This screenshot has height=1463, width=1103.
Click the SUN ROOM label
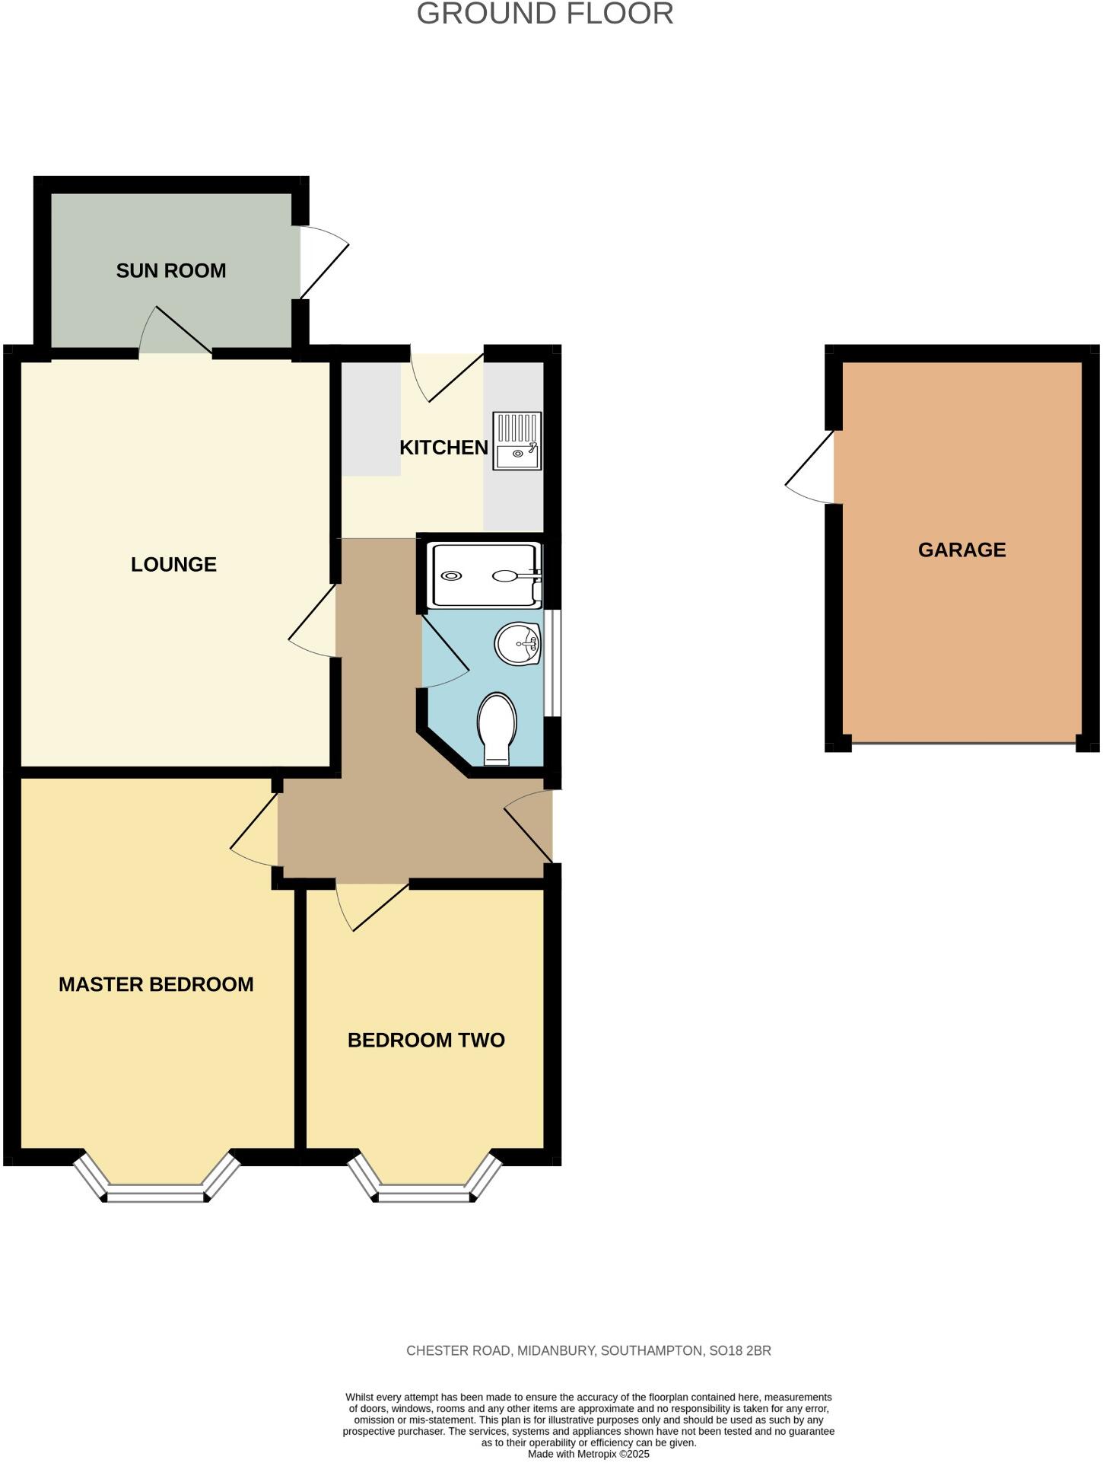[170, 271]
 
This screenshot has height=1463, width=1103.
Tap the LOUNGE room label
[173, 565]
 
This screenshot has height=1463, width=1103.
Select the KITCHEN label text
[443, 448]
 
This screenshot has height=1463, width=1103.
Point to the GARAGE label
[962, 550]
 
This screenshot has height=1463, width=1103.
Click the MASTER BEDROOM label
[156, 984]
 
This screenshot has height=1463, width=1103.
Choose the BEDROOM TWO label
[426, 1041]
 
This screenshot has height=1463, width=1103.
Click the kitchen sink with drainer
[517, 441]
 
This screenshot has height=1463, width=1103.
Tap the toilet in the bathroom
[497, 727]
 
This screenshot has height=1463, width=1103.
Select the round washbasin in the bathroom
[517, 644]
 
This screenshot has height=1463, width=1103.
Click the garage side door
[811, 467]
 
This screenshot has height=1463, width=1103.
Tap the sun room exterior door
[322, 262]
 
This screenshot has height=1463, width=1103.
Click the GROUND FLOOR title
[545, 14]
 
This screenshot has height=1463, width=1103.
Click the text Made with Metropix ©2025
[589, 1454]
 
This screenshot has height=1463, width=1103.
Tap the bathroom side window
[557, 662]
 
